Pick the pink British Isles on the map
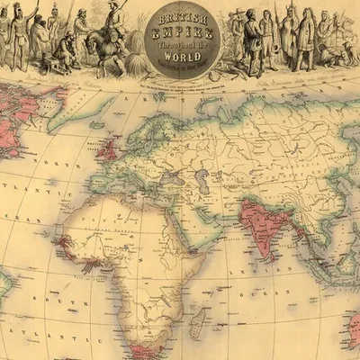pos(108,148)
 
